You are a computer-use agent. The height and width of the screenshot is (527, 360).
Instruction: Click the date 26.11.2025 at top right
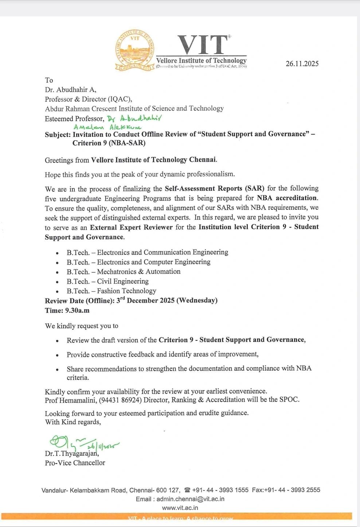pyautogui.click(x=302, y=64)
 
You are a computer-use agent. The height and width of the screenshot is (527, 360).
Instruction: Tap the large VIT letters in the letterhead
pyautogui.click(x=203, y=45)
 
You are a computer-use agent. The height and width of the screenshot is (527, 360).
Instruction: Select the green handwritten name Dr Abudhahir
pyautogui.click(x=134, y=118)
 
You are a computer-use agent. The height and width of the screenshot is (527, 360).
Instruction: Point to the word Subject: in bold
pyautogui.click(x=58, y=134)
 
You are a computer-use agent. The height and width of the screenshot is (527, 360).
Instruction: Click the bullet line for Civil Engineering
pyautogui.click(x=107, y=281)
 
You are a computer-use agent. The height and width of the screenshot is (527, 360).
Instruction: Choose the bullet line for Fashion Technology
pyautogui.click(x=111, y=291)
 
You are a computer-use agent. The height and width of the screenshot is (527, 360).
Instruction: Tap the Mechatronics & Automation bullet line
pyautogui.click(x=123, y=272)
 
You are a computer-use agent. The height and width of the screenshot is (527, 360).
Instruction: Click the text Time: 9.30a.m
pyautogui.click(x=67, y=311)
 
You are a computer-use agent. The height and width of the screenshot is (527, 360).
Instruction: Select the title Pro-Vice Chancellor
pyautogui.click(x=75, y=463)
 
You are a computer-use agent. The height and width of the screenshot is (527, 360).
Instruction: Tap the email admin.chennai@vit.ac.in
pyautogui.click(x=190, y=499)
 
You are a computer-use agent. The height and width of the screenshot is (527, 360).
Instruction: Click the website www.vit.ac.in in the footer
pyautogui.click(x=180, y=508)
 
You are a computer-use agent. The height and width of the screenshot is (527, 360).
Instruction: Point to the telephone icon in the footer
pyautogui.click(x=187, y=490)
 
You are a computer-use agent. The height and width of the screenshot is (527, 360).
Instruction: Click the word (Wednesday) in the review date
pyautogui.click(x=197, y=300)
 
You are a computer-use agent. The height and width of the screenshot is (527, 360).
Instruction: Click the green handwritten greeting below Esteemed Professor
pyautogui.click(x=107, y=127)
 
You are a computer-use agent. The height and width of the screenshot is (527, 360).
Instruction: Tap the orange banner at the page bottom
pyautogui.click(x=180, y=516)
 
